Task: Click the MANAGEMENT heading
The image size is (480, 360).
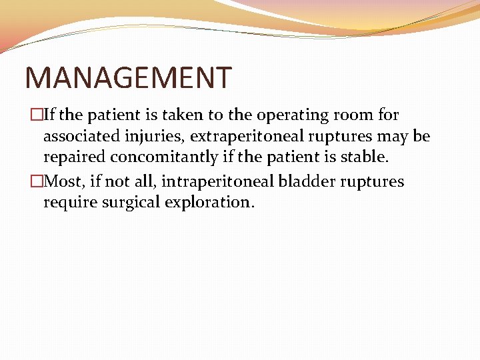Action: click(x=128, y=77)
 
